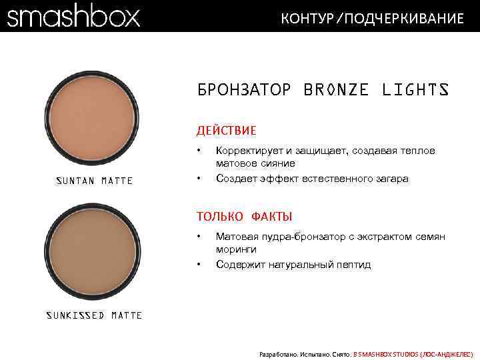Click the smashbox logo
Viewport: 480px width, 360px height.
click(x=73, y=16)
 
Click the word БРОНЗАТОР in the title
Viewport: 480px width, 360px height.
click(x=244, y=90)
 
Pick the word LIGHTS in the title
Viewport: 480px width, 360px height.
click(x=415, y=90)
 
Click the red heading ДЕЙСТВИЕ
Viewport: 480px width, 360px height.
click(x=226, y=131)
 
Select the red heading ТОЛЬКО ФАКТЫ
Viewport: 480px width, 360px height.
click(x=244, y=216)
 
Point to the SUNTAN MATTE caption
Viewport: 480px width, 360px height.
click(x=94, y=181)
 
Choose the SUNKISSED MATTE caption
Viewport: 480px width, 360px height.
click(x=94, y=315)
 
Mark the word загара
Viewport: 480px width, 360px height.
click(x=392, y=179)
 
